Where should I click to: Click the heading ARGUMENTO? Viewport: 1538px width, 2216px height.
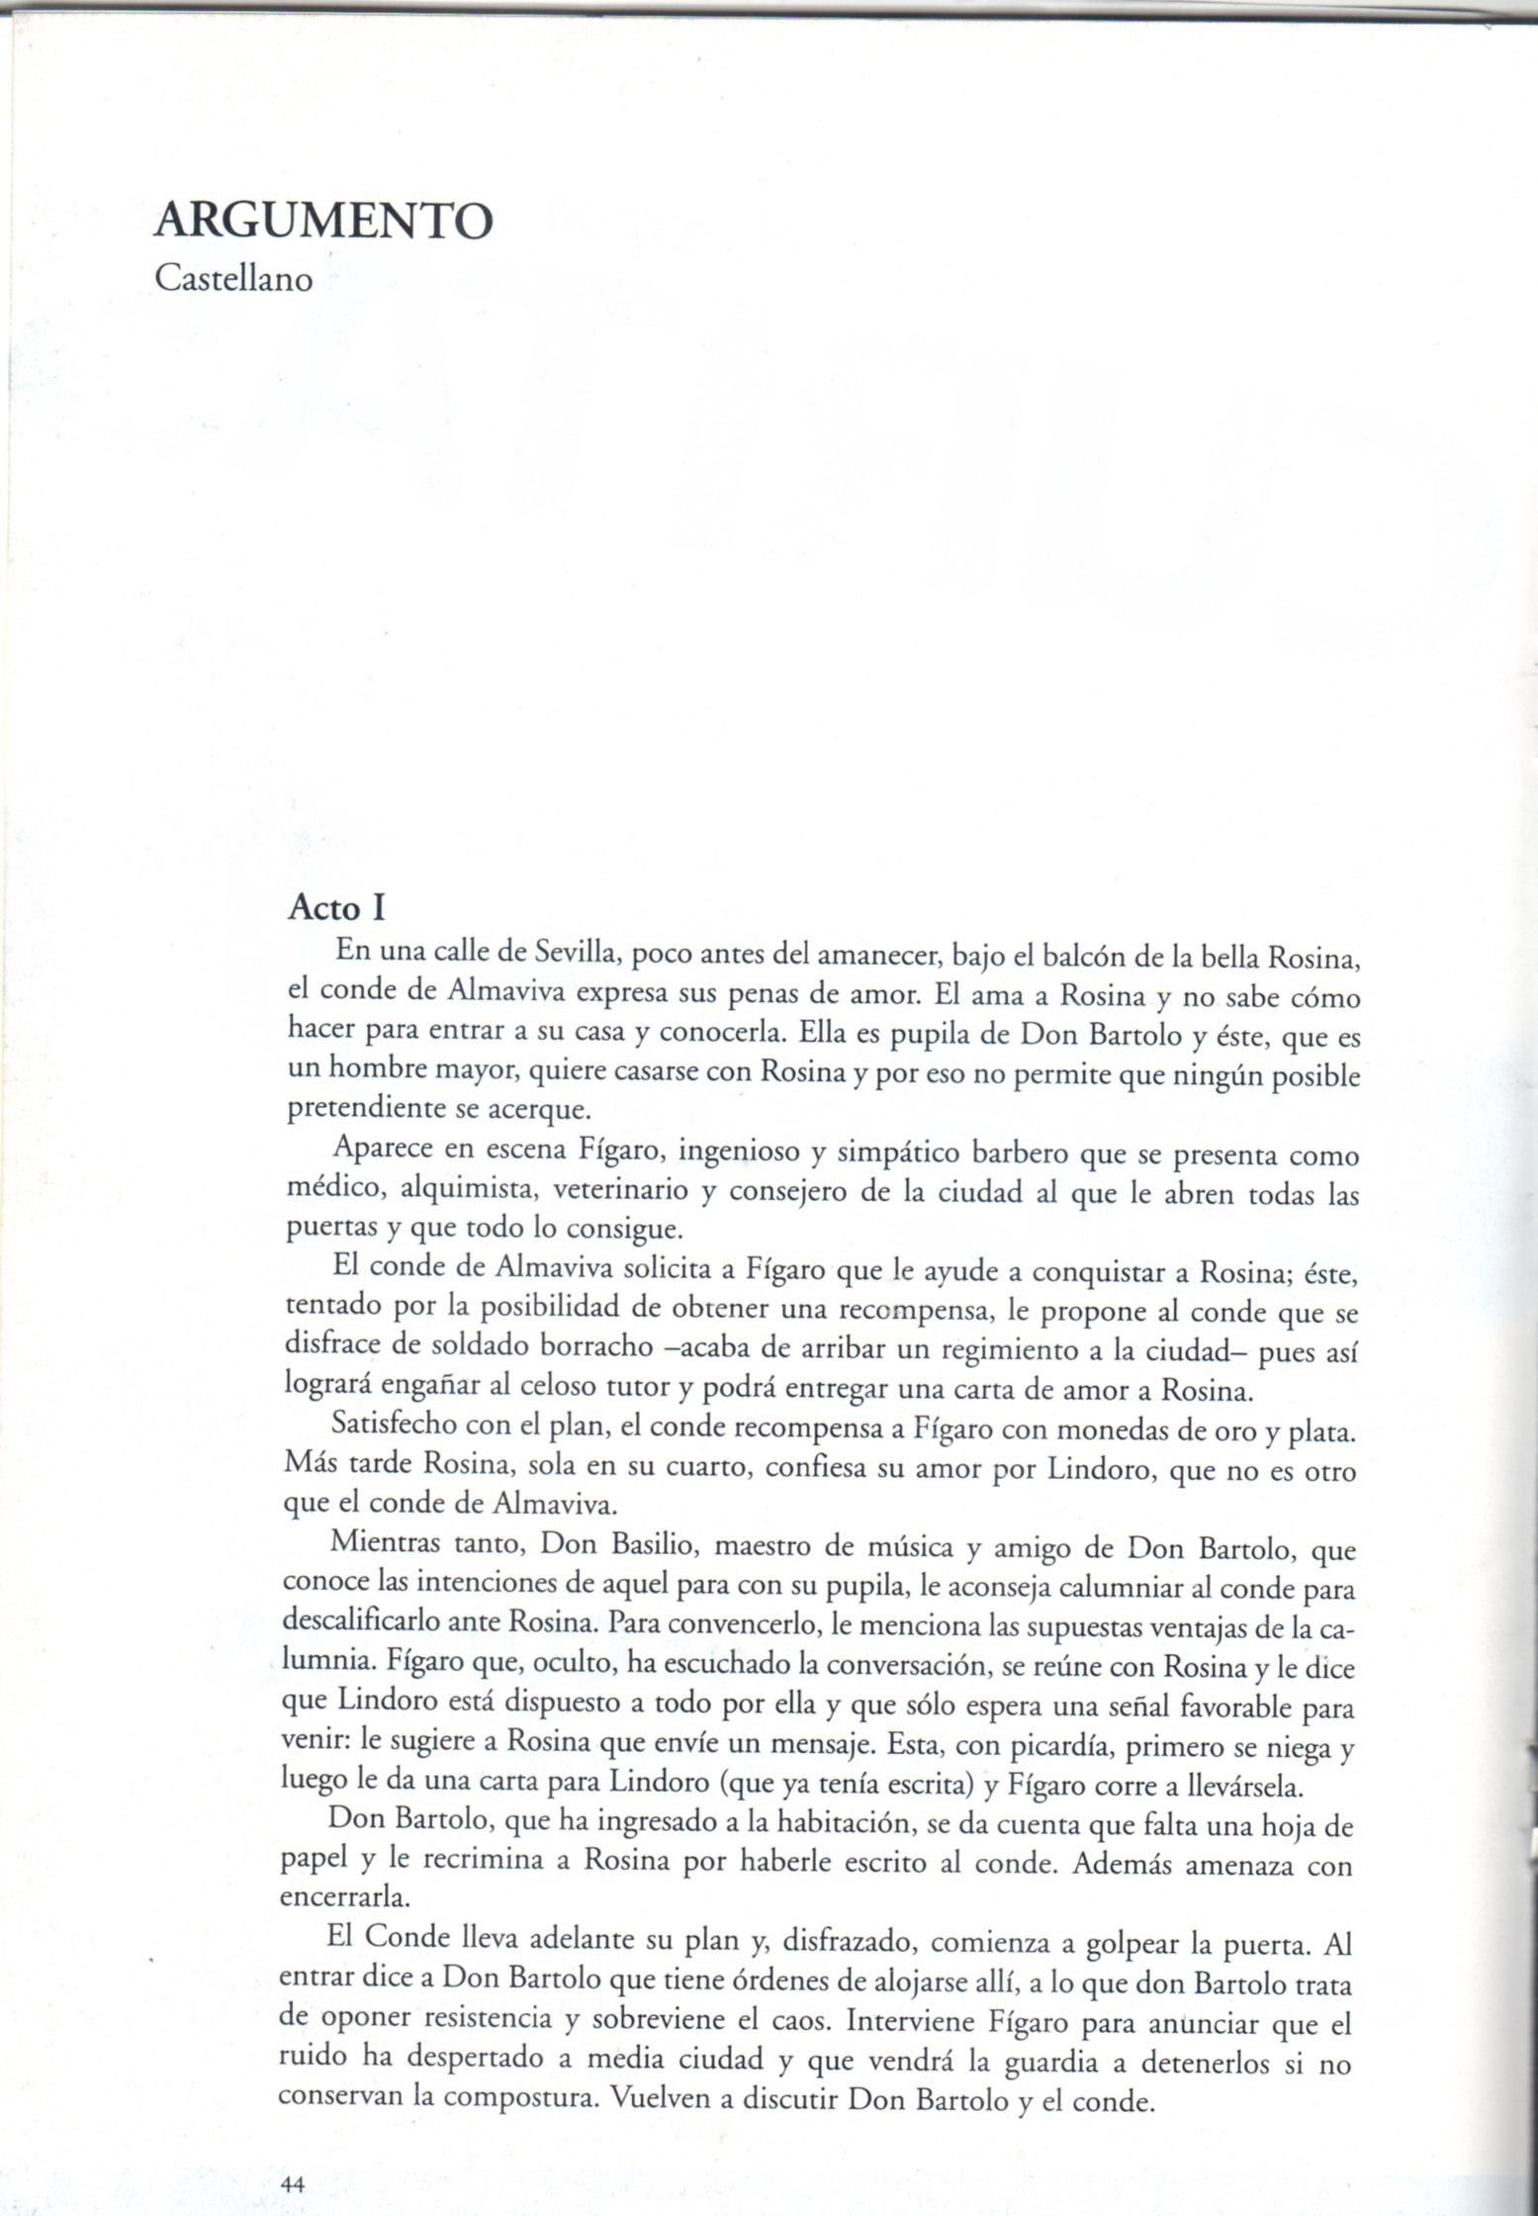(322, 222)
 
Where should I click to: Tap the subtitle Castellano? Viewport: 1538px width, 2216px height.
(233, 279)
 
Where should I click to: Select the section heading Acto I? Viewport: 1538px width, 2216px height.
(335, 908)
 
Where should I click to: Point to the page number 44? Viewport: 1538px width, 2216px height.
(292, 2183)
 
